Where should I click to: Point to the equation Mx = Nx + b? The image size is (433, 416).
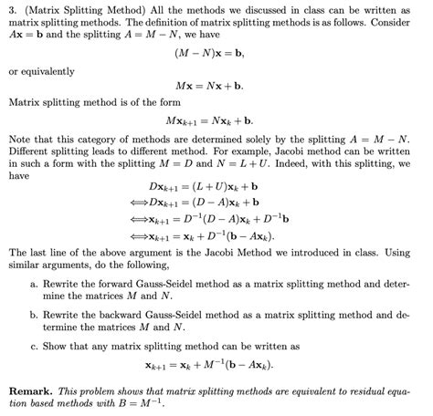216,87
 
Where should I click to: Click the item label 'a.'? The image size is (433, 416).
34,284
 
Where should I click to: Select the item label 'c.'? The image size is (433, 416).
34,347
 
